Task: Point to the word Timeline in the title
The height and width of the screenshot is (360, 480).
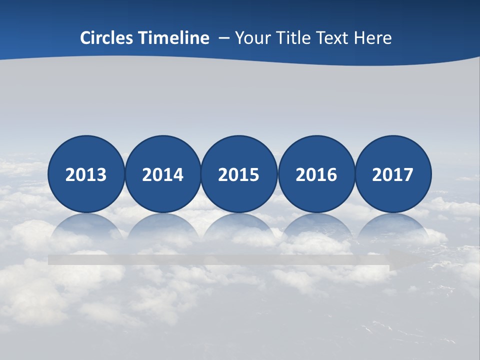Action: coord(174,38)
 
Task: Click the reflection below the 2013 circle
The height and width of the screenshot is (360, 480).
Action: coord(86,227)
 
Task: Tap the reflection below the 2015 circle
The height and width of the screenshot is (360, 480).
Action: coord(239,227)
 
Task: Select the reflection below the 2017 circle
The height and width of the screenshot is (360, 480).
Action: coord(393,227)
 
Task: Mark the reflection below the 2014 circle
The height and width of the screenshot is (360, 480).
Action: coord(162,227)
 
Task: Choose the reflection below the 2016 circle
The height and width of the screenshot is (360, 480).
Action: coord(316,227)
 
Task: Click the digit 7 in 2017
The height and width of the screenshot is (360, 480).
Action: coord(408,175)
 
